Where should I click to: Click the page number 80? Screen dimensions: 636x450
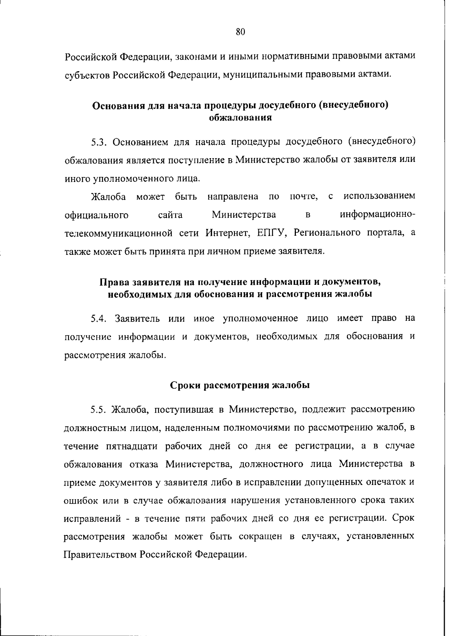click(240, 32)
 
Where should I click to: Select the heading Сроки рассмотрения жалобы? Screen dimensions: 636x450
click(240, 386)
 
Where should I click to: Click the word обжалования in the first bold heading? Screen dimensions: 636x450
click(240, 118)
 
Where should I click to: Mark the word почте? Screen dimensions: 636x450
click(304, 197)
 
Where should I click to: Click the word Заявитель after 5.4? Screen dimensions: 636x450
click(136, 319)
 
